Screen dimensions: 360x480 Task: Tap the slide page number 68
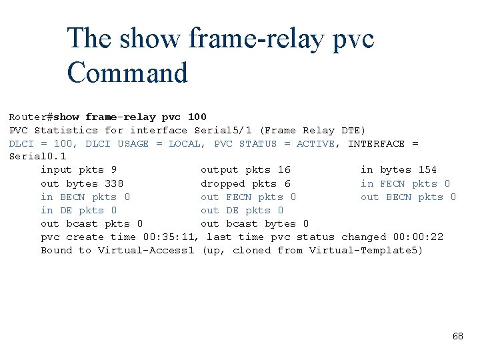click(x=457, y=336)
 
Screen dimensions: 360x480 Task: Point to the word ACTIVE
click(x=316, y=143)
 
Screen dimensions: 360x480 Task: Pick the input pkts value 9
click(x=114, y=170)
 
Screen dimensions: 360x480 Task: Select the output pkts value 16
click(x=284, y=170)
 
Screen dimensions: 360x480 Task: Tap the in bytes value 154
click(x=427, y=170)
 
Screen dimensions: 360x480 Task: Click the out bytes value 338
click(x=114, y=183)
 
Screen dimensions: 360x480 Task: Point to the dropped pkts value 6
click(x=287, y=183)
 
